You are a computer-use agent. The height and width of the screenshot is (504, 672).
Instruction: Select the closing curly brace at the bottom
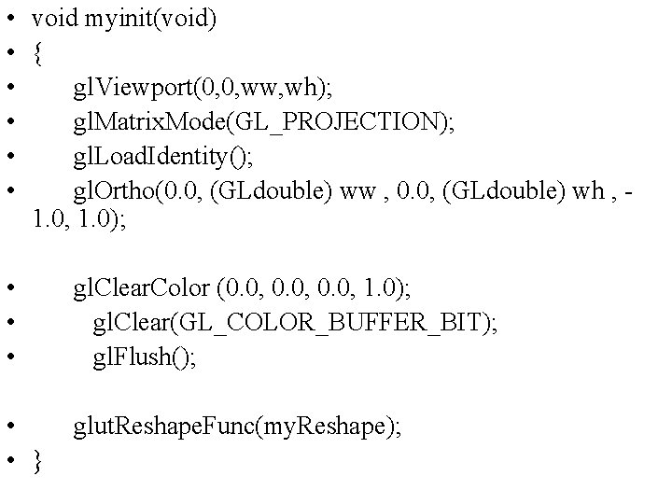coord(36,461)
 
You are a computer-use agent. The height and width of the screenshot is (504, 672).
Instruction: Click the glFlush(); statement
coord(145,357)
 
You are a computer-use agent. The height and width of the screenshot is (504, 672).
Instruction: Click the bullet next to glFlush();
coord(8,357)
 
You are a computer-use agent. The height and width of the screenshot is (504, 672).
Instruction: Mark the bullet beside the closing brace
coord(8,461)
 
